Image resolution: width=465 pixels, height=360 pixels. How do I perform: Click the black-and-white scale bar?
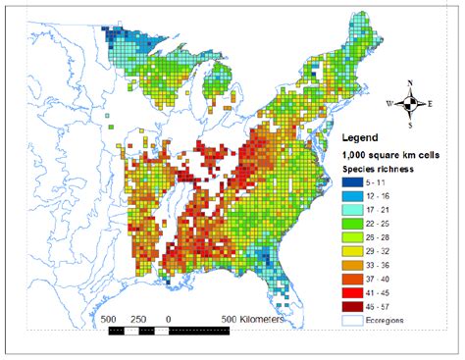point(167,332)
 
